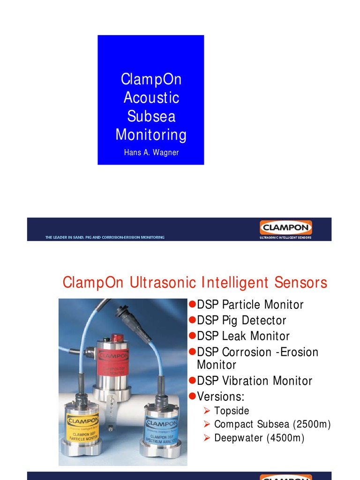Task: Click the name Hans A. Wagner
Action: click(x=151, y=153)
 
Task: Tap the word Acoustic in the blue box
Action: click(x=151, y=97)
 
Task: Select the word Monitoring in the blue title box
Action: click(x=151, y=135)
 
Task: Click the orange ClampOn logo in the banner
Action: click(x=285, y=228)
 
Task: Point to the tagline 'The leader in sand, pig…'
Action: click(x=105, y=238)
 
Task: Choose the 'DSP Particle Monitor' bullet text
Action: click(x=250, y=305)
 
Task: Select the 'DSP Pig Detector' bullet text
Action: click(x=241, y=321)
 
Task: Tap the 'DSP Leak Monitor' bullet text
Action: click(x=243, y=336)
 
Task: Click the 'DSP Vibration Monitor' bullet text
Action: click(x=255, y=381)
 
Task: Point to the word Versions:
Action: click(x=221, y=397)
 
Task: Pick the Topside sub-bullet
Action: click(x=232, y=411)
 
